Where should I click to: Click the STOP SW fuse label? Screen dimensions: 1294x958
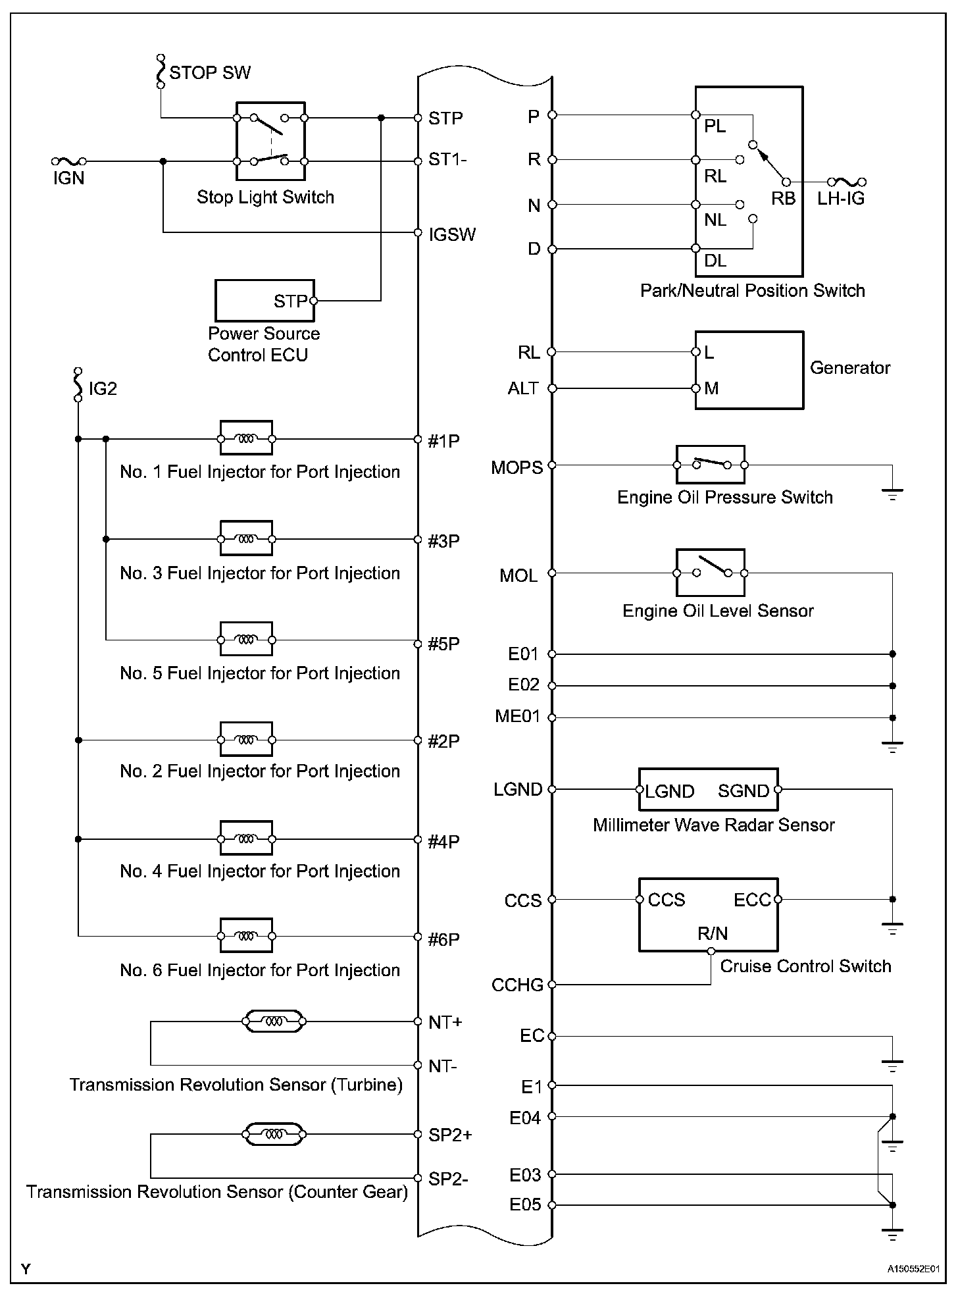coord(209,72)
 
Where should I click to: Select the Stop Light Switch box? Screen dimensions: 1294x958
coord(270,141)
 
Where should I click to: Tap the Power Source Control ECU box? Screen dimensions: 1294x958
coord(265,301)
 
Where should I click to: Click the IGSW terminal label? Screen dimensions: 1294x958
coord(451,235)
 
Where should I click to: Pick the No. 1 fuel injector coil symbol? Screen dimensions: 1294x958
coord(246,438)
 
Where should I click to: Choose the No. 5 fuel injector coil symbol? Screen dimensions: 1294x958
coord(246,639)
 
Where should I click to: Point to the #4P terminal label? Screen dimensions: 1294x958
coord(443,842)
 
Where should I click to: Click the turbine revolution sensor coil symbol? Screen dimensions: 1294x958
coord(274,1022)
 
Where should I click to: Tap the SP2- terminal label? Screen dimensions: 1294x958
coord(448,1178)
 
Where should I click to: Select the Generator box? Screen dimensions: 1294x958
coord(749,370)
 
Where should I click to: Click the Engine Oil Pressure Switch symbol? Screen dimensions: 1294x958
coord(711,465)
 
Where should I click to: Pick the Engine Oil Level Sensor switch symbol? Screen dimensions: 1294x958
coord(711,573)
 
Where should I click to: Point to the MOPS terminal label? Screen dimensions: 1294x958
coord(517,468)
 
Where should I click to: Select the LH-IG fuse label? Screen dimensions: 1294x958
coord(841,198)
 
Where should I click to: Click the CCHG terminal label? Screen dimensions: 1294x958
coord(517,985)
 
